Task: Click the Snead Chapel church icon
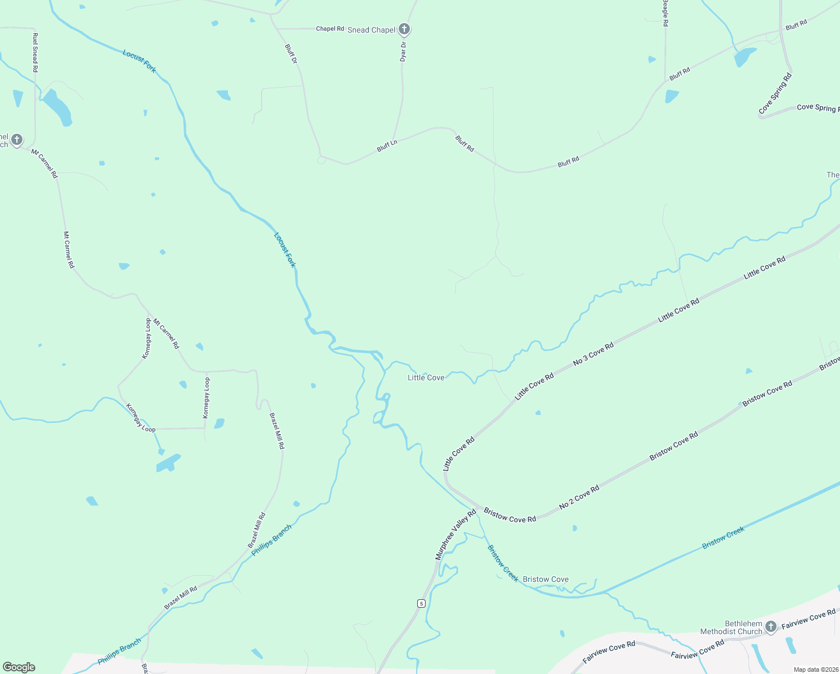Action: point(404,29)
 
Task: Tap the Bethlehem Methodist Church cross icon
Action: point(771,626)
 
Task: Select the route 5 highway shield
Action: point(421,603)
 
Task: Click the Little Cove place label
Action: point(426,377)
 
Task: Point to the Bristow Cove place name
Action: point(545,579)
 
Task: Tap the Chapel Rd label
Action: point(330,29)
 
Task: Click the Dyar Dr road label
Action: point(403,52)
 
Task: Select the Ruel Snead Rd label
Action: point(35,52)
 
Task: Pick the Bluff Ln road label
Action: point(387,146)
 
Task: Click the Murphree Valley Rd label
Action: point(455,534)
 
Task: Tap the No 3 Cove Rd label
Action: point(594,354)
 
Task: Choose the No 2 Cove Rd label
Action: point(579,498)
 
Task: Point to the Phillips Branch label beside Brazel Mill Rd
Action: point(271,540)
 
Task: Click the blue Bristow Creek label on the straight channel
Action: point(723,538)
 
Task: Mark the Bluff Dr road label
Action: point(291,54)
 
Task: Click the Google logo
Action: point(19,667)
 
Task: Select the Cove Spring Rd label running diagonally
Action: point(775,94)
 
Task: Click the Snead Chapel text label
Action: point(371,30)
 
